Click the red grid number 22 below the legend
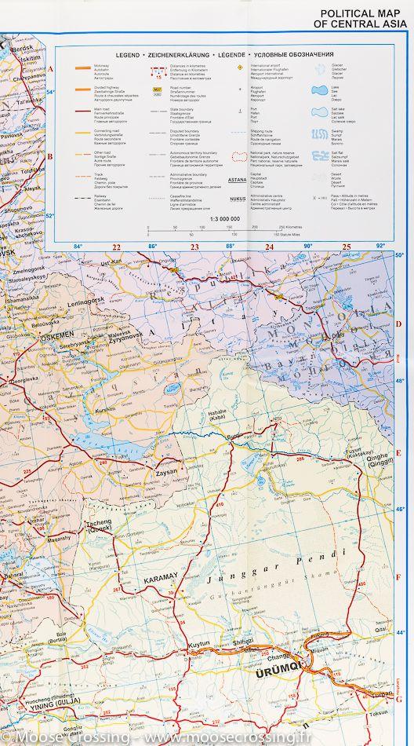click(116, 248)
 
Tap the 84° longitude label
click(78, 247)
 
